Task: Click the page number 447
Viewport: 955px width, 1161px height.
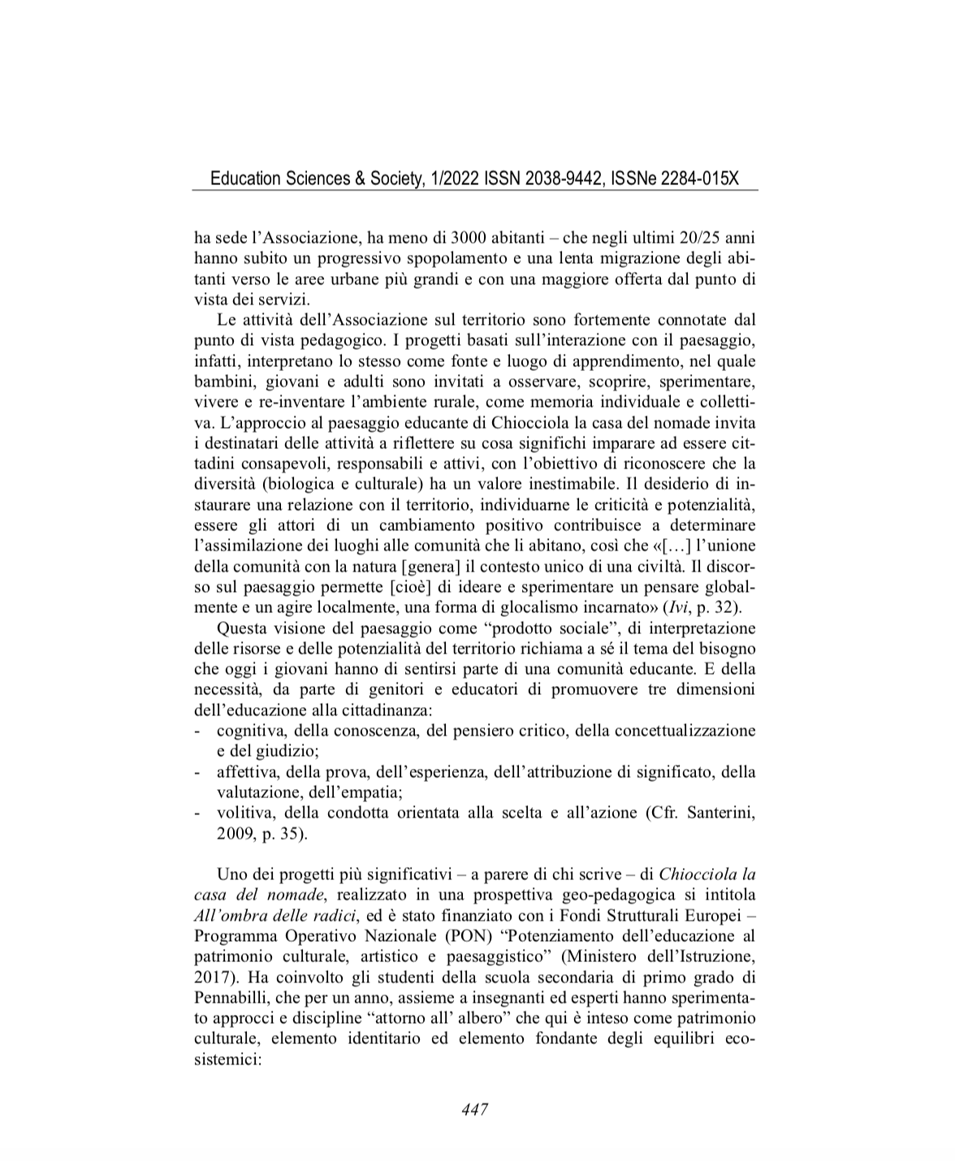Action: click(474, 1109)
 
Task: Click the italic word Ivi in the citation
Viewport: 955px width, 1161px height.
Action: click(673, 606)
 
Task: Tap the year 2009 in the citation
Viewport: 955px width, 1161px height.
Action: click(234, 833)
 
